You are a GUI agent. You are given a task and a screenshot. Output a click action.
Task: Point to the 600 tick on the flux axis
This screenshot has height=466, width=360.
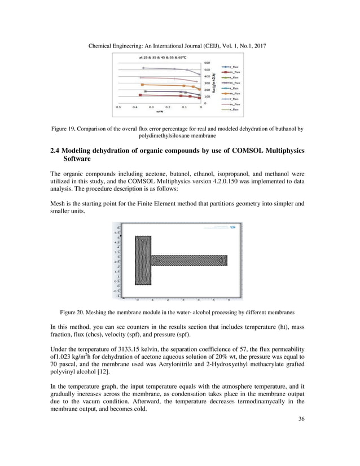pos(207,63)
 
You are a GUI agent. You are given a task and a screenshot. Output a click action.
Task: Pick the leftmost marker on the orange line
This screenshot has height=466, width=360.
pos(143,84)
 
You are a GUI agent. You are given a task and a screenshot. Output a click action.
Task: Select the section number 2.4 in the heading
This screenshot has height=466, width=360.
pos(50,151)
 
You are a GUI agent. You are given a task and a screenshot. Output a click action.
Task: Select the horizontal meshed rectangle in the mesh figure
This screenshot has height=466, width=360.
pos(190,260)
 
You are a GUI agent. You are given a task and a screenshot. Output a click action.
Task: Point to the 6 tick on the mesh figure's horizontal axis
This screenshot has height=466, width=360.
pos(229,300)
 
